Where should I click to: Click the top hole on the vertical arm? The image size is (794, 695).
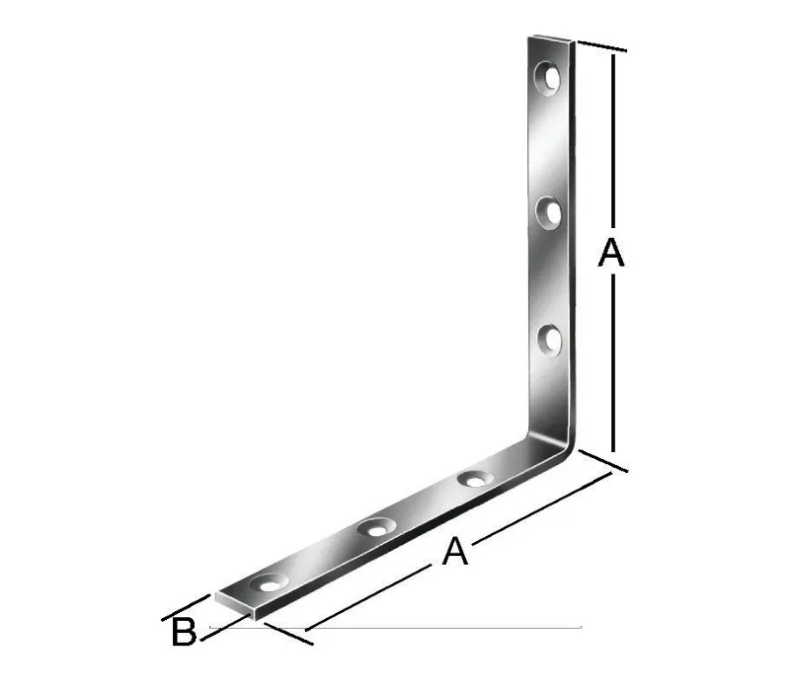coord(547,75)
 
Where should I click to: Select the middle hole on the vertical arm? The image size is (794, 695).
coord(548,209)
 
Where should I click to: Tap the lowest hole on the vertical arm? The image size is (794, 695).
coord(549,341)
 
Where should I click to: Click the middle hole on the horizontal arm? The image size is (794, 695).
coord(375,528)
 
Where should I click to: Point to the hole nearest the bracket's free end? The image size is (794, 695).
coord(269,583)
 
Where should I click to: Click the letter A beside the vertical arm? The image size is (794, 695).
coord(611,254)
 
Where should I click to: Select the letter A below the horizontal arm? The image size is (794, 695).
coord(453,551)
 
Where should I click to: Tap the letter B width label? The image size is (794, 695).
coord(184,632)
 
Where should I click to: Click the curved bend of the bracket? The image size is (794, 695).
coord(557,442)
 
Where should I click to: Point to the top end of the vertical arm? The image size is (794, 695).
coord(550,41)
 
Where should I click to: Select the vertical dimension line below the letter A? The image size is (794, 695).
coord(614,365)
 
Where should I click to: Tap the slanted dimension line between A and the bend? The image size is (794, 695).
coord(543,508)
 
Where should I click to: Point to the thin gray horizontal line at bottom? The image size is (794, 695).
coord(444,627)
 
